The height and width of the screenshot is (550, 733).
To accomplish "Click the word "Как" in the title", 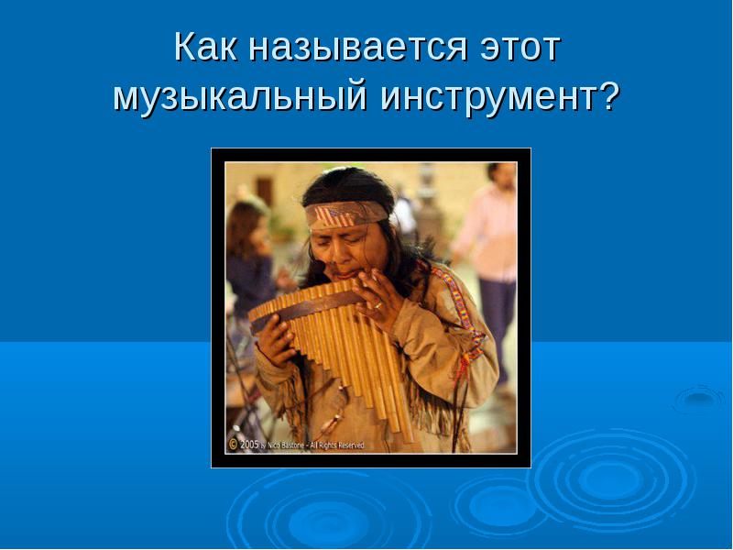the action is pyautogui.click(x=206, y=48).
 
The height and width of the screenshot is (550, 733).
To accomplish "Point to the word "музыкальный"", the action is pyautogui.click(x=239, y=97).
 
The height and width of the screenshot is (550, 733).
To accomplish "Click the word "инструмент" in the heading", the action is pyautogui.click(x=487, y=97).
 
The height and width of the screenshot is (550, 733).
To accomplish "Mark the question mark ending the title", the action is pyautogui.click(x=608, y=95).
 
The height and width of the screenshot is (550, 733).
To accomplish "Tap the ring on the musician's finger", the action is pyautogui.click(x=378, y=305).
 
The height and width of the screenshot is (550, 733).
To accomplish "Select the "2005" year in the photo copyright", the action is pyautogui.click(x=249, y=445).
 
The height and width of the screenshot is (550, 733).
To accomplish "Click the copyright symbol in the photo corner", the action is pyautogui.click(x=233, y=445).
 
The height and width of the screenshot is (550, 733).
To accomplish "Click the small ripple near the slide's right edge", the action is pyautogui.click(x=699, y=400).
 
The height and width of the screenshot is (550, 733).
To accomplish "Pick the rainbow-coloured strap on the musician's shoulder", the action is pyautogui.click(x=462, y=310).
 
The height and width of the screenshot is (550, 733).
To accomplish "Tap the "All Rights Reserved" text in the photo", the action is pyautogui.click(x=336, y=445).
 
